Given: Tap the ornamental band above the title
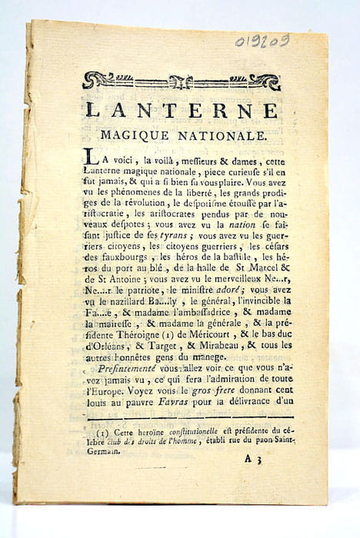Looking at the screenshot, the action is tap(182, 81).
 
